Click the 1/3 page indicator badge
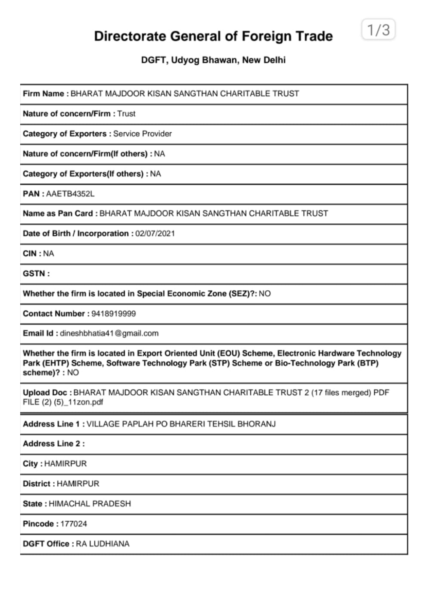tap(378, 30)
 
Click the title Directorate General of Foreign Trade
tap(213, 36)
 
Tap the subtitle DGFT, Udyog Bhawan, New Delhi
tap(213, 60)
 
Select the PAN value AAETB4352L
tap(70, 194)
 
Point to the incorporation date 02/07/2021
tap(155, 233)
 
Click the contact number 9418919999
tap(113, 313)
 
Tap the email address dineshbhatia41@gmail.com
tap(109, 333)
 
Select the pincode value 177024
tap(74, 524)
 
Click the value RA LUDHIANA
tap(102, 543)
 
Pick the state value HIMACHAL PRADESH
tap(90, 503)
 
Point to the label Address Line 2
tap(53, 444)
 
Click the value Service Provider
tap(142, 134)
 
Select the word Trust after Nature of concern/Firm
tap(126, 113)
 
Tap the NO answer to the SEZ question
tap(264, 294)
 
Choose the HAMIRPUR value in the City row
tap(65, 463)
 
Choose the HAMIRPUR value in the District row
tap(78, 484)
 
